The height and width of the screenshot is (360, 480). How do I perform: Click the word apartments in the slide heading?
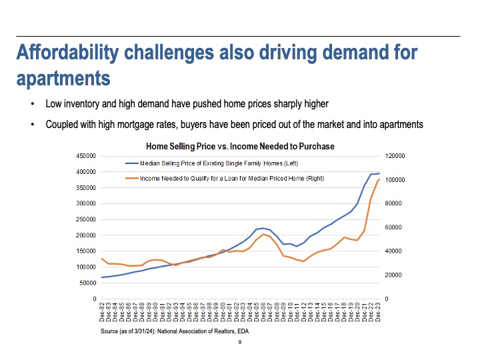click(63, 78)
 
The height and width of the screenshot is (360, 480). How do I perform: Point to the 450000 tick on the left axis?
click(88, 156)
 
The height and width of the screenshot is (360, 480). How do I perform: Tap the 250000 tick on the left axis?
click(88, 219)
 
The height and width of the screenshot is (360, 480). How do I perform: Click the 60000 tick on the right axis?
click(393, 227)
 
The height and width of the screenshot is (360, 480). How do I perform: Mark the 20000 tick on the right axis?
click(393, 275)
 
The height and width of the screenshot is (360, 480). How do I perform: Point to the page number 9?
click(239, 343)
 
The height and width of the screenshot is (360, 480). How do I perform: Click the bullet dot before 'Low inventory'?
click(32, 105)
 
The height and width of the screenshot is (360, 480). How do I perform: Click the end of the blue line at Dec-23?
click(379, 173)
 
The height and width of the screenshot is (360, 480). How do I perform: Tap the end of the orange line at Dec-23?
click(379, 179)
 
